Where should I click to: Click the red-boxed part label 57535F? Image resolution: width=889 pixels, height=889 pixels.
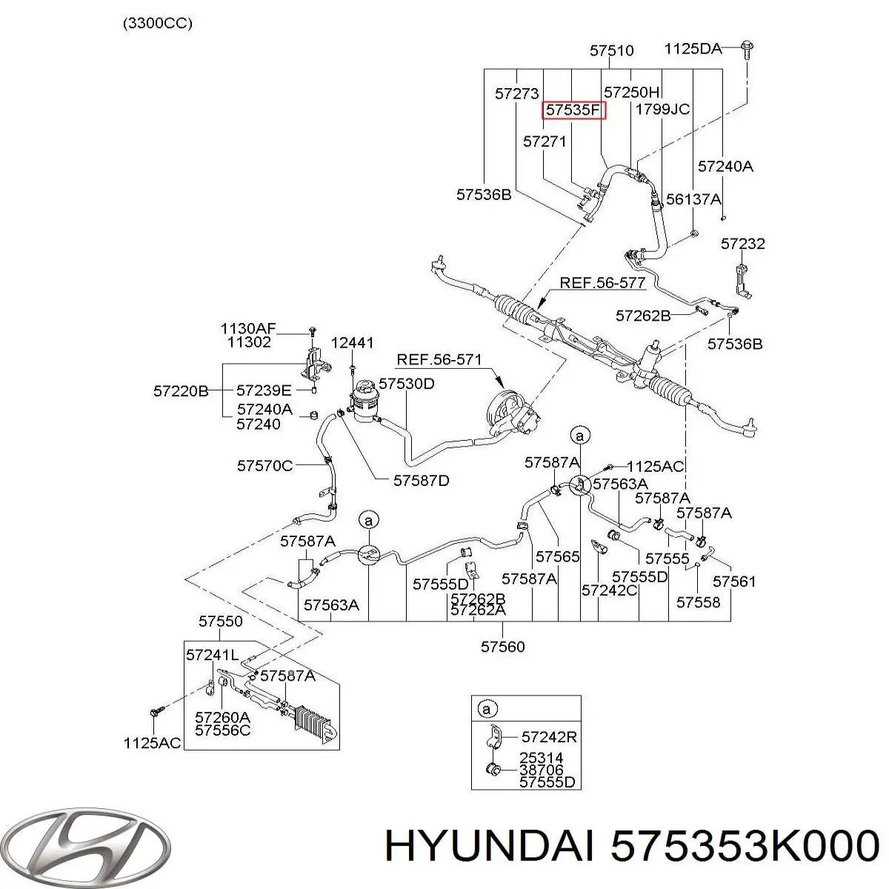(x=573, y=110)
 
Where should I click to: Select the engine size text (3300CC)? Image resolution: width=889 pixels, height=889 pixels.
(x=157, y=24)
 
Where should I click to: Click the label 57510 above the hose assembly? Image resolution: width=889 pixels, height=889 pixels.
(x=611, y=50)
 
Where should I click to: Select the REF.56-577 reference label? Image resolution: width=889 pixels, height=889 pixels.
(x=602, y=282)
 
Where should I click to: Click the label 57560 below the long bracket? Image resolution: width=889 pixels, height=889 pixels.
(x=502, y=646)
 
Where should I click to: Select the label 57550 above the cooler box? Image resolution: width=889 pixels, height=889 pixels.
(x=221, y=621)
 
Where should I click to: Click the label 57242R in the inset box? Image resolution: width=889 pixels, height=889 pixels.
(x=549, y=736)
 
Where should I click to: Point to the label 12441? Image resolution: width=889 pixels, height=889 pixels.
(x=352, y=342)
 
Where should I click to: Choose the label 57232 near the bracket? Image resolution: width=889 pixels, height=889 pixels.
(x=743, y=243)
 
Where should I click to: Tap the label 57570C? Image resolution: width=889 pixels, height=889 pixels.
(x=264, y=465)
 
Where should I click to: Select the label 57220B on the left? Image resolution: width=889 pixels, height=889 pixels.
(x=181, y=391)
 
